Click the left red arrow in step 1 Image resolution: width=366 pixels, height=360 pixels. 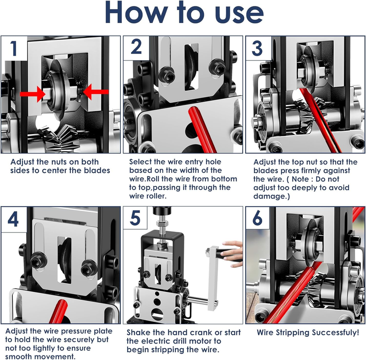pos(32,94)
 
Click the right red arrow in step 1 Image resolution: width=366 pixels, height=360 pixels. pos(96,91)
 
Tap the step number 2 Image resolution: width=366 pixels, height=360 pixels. pos(136,47)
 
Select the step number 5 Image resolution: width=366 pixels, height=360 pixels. pos(135,218)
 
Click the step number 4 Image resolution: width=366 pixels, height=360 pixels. pos(13,219)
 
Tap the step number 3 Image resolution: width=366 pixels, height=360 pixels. pos(257,48)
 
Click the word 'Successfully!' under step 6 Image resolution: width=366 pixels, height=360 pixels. pos(335,333)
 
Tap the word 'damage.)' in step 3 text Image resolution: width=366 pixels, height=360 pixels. pos(271,196)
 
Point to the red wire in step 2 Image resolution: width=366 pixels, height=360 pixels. pos(202,129)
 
